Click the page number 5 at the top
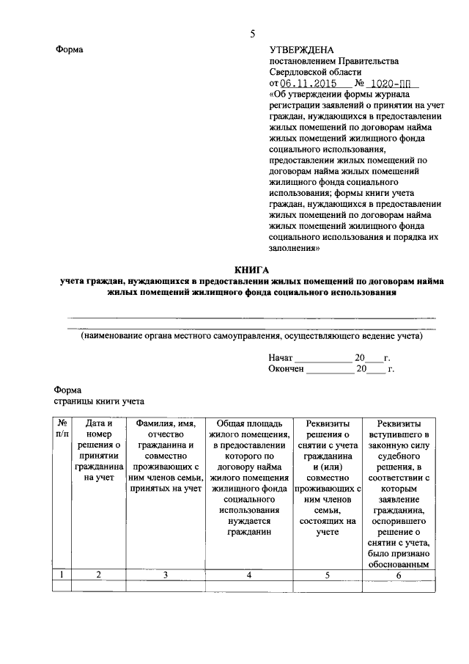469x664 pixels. click(x=252, y=34)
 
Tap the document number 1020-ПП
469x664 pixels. click(x=388, y=84)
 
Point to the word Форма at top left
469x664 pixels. click(x=70, y=50)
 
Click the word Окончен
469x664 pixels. click(x=286, y=369)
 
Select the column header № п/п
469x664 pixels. click(x=62, y=428)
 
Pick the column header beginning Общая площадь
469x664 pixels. click(x=249, y=478)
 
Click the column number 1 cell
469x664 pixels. click(x=62, y=575)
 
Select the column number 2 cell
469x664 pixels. click(x=99, y=575)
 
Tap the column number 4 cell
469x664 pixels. click(x=249, y=575)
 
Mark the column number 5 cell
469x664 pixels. click(x=328, y=575)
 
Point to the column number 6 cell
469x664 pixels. click(x=399, y=575)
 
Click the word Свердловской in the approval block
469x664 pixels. click(x=300, y=73)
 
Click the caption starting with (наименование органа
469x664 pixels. click(x=251, y=337)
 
